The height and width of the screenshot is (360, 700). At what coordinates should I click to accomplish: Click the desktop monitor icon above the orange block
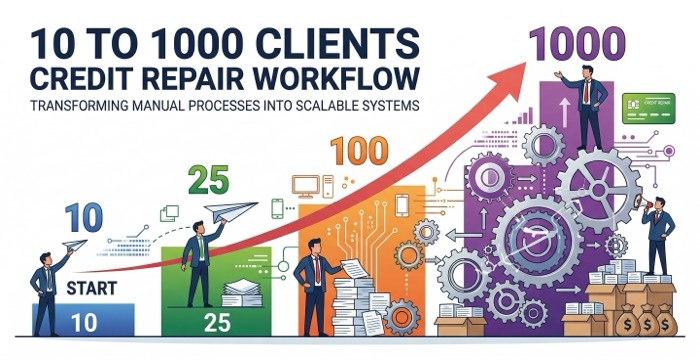(x=306, y=185)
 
